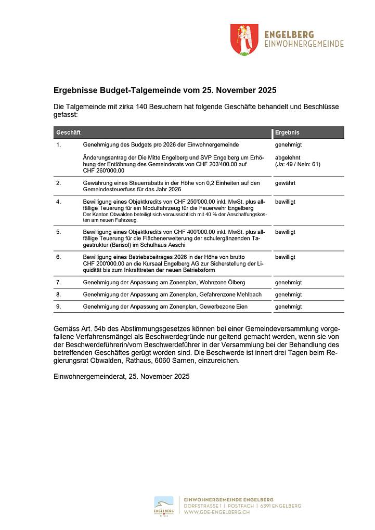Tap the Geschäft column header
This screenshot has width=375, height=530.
pos(68,133)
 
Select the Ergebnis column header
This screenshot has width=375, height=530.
pos(287,133)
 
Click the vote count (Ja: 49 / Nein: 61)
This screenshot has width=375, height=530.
pos(298,164)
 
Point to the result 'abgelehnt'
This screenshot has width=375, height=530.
pos(288,157)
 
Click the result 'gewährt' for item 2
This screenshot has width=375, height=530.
pos(285,183)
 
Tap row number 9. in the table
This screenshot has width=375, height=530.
pos(59,307)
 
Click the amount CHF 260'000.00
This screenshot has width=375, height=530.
pos(104,170)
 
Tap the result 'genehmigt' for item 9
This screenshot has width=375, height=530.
pos(288,307)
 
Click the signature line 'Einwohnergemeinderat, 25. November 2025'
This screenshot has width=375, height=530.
pos(121,376)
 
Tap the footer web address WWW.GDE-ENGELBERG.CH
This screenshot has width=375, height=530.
pos(217,512)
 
